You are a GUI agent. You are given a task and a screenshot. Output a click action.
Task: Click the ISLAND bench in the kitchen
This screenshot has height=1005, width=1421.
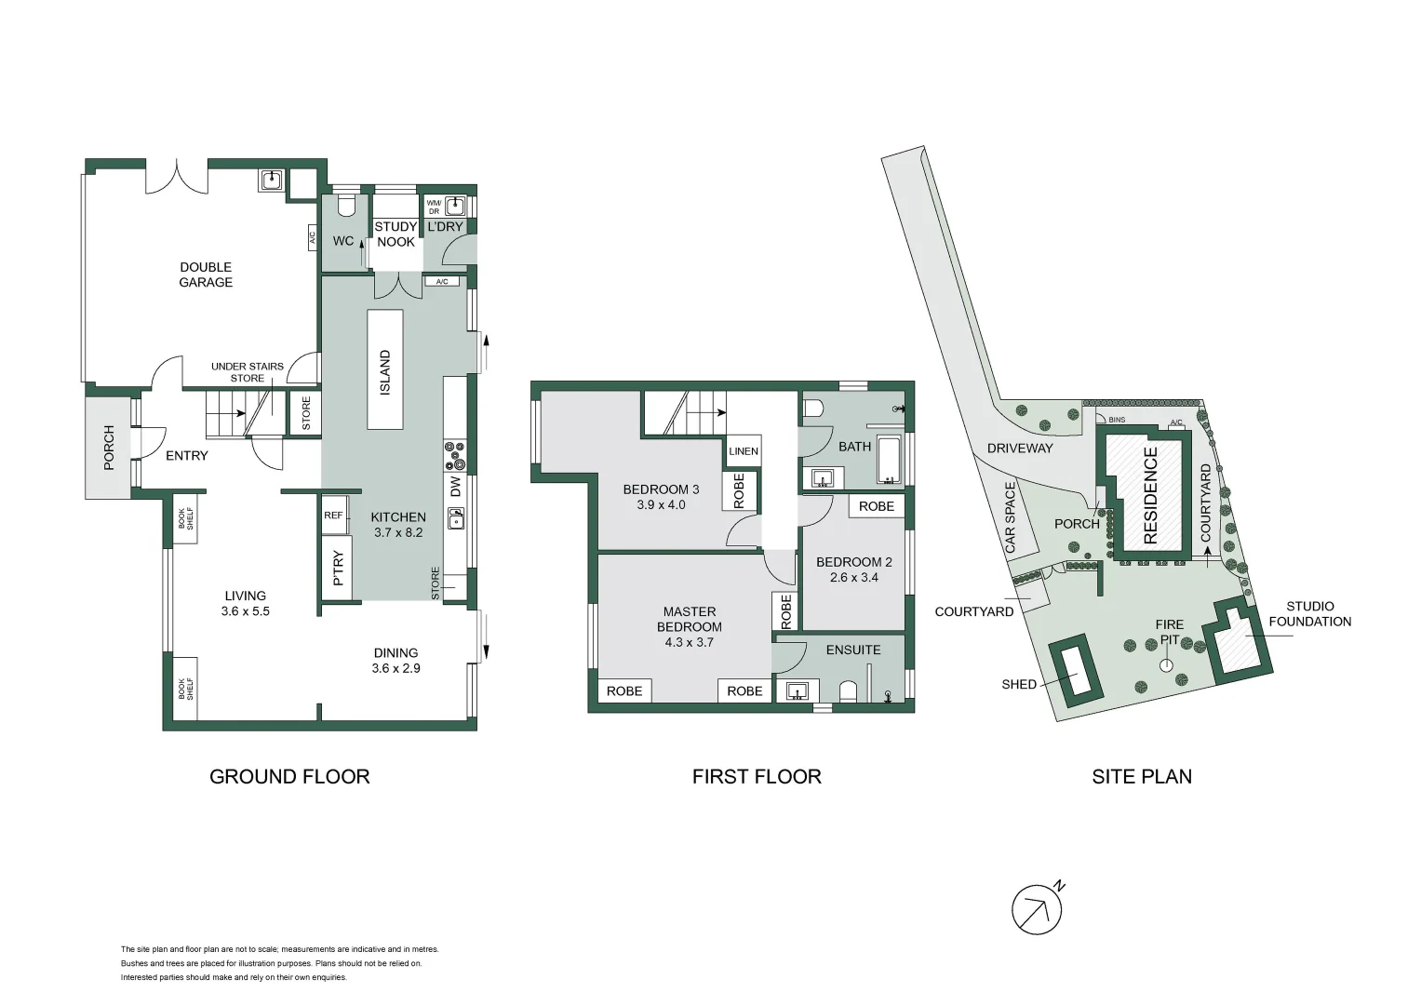[385, 369]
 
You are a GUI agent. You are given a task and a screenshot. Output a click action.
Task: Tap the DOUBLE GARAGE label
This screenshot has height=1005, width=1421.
[206, 275]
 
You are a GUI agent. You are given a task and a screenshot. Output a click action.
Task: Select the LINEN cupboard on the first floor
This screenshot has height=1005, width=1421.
[744, 451]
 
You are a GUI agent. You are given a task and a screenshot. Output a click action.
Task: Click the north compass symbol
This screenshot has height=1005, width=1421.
[1038, 908]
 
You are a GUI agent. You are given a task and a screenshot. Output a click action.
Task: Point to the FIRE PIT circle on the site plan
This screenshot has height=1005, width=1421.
[1166, 666]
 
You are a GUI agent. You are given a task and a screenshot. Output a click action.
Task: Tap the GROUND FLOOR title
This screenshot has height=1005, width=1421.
[289, 776]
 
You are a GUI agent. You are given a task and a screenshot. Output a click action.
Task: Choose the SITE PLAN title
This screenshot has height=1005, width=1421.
[1142, 776]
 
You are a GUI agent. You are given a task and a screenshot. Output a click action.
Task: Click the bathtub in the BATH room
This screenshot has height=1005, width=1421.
[890, 461]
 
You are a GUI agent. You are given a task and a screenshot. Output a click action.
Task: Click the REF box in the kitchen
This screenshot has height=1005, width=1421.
[334, 516]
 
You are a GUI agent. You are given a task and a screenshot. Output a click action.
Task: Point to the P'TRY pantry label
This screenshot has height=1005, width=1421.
[338, 568]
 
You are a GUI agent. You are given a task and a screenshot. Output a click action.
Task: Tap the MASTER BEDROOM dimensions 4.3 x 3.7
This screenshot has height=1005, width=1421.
[690, 642]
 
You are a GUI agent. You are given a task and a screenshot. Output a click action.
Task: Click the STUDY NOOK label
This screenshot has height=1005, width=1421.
[395, 234]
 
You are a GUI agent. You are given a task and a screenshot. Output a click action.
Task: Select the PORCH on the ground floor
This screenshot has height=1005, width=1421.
[108, 448]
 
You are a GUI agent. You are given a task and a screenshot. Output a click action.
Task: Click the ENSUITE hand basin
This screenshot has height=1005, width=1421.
[796, 691]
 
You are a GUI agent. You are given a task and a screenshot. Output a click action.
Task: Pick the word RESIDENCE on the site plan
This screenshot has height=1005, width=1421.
[1150, 496]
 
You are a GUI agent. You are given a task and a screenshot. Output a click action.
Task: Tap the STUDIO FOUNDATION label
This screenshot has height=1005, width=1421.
[1309, 614]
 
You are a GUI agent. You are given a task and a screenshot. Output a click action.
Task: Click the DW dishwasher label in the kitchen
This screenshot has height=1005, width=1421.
[456, 487]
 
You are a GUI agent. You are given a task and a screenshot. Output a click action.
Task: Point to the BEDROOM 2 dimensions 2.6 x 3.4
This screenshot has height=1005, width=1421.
[854, 577]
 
